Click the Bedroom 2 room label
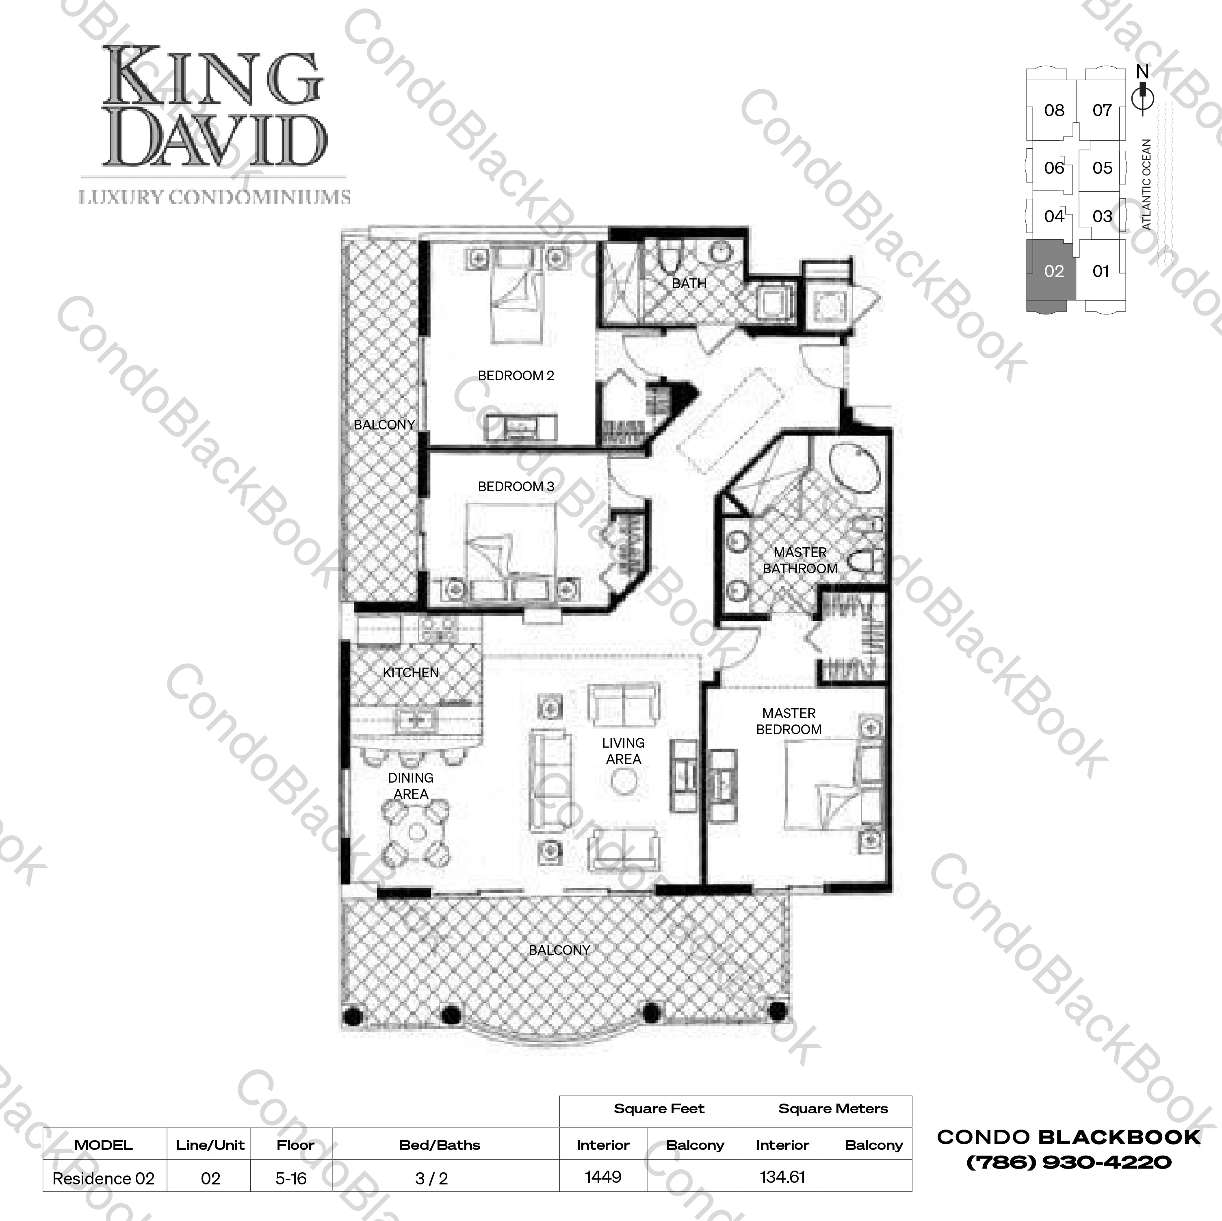click(x=516, y=376)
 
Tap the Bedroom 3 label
click(x=516, y=486)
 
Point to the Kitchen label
click(x=410, y=672)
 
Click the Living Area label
click(x=623, y=751)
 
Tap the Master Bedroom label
click(x=789, y=721)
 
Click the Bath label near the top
click(x=689, y=284)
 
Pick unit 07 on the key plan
click(x=1102, y=111)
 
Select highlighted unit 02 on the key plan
click(x=1054, y=271)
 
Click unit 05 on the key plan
click(x=1102, y=168)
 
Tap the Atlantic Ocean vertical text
click(x=1147, y=184)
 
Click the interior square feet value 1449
click(x=603, y=1177)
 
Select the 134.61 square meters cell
click(x=782, y=1177)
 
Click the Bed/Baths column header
click(x=440, y=1145)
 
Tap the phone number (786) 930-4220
click(x=1069, y=1162)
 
